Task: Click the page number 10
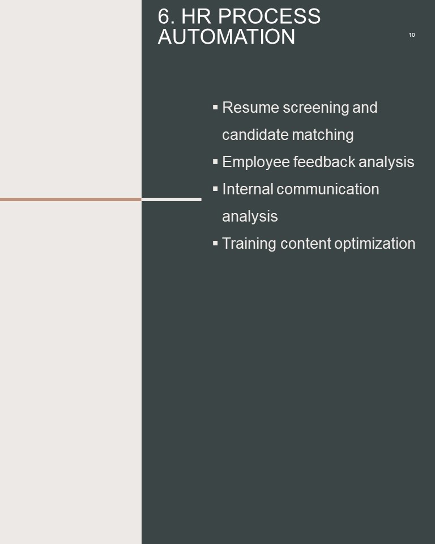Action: (x=412, y=35)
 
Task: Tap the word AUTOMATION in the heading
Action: (x=227, y=36)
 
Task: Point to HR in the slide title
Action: (x=196, y=16)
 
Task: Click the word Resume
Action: (x=250, y=108)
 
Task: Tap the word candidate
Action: (x=255, y=135)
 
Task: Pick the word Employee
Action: (x=256, y=163)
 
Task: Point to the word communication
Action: (x=328, y=189)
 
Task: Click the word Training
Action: (x=249, y=244)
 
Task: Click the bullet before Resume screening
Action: (x=215, y=107)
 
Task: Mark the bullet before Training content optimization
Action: (x=215, y=243)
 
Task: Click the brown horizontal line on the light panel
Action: (x=71, y=199)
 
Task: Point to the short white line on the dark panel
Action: (x=172, y=199)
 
